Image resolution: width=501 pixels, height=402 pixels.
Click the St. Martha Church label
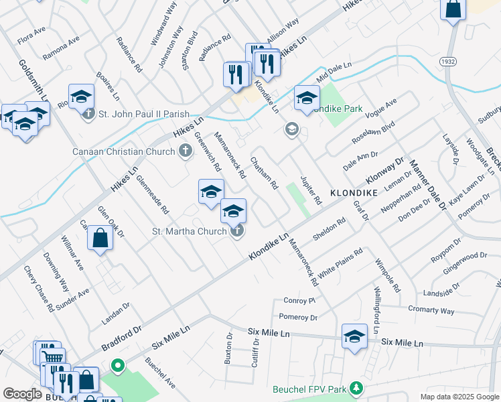190,232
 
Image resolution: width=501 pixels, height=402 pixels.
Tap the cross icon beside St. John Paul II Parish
89,114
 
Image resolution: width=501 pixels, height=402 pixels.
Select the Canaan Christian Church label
123,151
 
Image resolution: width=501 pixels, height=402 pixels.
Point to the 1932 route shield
449,61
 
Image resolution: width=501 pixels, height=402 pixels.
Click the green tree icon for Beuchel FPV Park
357,388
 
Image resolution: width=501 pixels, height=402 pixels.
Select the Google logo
22,394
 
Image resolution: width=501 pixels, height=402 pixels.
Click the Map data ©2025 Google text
459,397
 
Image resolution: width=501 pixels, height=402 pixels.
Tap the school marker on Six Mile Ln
354,336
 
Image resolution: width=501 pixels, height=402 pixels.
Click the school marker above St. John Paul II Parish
81,96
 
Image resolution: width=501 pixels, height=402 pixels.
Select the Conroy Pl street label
299,300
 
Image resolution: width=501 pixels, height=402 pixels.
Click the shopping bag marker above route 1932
453,9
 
